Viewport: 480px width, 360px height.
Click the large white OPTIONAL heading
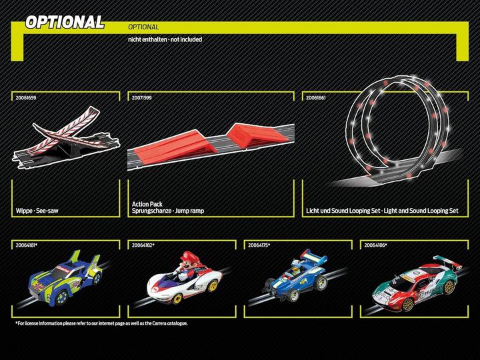click(65, 23)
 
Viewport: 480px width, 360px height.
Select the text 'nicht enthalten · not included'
click(165, 39)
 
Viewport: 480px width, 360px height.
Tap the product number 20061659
click(26, 98)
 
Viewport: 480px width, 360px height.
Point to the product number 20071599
click(142, 98)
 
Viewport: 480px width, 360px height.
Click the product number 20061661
click(316, 98)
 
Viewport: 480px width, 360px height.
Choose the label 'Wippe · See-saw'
click(37, 211)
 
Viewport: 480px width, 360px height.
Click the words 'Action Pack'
click(147, 204)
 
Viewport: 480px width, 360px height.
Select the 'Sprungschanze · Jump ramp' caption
click(168, 211)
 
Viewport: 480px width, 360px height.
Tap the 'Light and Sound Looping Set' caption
click(421, 211)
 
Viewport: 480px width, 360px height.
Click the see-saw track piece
click(65, 137)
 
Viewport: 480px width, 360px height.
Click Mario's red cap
click(191, 257)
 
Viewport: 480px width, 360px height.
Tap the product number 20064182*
click(143, 245)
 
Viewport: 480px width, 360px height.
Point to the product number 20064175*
click(259, 245)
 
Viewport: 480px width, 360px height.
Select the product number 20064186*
click(375, 245)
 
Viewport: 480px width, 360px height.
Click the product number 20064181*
click(27, 245)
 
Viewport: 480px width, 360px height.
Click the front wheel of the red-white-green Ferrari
click(407, 304)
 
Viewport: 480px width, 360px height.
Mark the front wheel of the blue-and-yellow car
click(62, 297)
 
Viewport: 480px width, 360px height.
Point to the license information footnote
click(101, 323)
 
